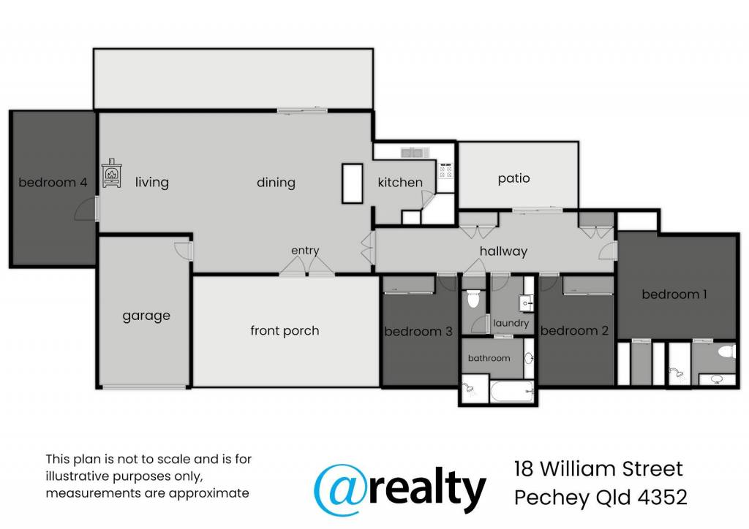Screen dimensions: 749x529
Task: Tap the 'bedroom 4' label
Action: click(x=53, y=182)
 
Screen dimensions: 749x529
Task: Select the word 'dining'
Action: click(x=276, y=183)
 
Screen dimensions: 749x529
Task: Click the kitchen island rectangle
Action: click(x=352, y=183)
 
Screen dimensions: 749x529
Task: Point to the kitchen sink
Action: click(x=415, y=153)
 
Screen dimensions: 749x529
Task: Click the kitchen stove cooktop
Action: click(x=445, y=170)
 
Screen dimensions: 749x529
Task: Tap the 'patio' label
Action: click(x=513, y=178)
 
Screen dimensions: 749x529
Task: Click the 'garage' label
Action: click(x=146, y=316)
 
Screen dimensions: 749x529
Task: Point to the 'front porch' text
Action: click(x=285, y=330)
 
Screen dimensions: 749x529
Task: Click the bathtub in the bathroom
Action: click(x=511, y=392)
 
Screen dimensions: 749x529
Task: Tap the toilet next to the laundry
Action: click(x=473, y=299)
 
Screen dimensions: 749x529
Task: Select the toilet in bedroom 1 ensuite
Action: click(x=726, y=352)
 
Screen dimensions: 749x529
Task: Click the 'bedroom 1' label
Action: click(x=674, y=294)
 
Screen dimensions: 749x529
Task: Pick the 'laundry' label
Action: click(x=511, y=324)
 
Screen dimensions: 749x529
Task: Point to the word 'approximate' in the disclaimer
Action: click(x=208, y=493)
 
